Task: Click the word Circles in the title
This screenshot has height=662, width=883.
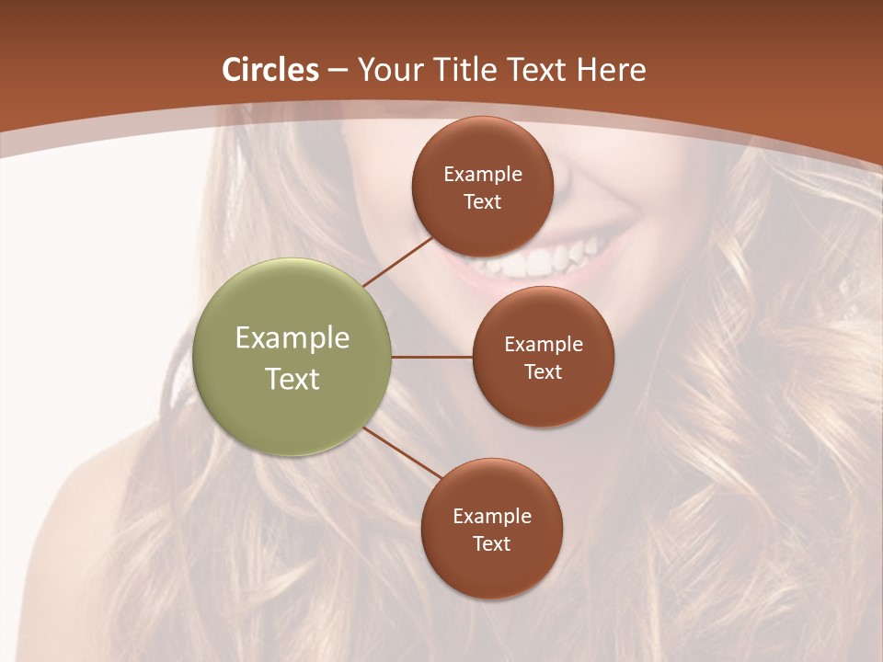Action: (270, 70)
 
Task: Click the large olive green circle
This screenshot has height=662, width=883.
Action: (292, 357)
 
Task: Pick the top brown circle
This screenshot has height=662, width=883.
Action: (483, 187)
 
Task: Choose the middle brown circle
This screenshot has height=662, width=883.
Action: (543, 357)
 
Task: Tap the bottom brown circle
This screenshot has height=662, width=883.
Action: (491, 529)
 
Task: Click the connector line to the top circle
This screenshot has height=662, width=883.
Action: (398, 261)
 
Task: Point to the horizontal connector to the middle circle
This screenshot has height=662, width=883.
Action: (432, 357)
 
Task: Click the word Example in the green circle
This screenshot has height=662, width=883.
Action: (292, 338)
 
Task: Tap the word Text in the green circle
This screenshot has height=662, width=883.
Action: (292, 379)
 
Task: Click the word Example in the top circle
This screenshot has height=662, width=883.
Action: (483, 174)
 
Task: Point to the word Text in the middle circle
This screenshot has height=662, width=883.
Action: (543, 371)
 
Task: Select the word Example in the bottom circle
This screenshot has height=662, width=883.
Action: (492, 516)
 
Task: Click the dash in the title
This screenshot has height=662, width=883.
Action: (338, 71)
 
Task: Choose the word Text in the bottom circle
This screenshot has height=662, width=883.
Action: (491, 543)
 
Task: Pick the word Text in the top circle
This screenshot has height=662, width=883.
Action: (482, 201)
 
